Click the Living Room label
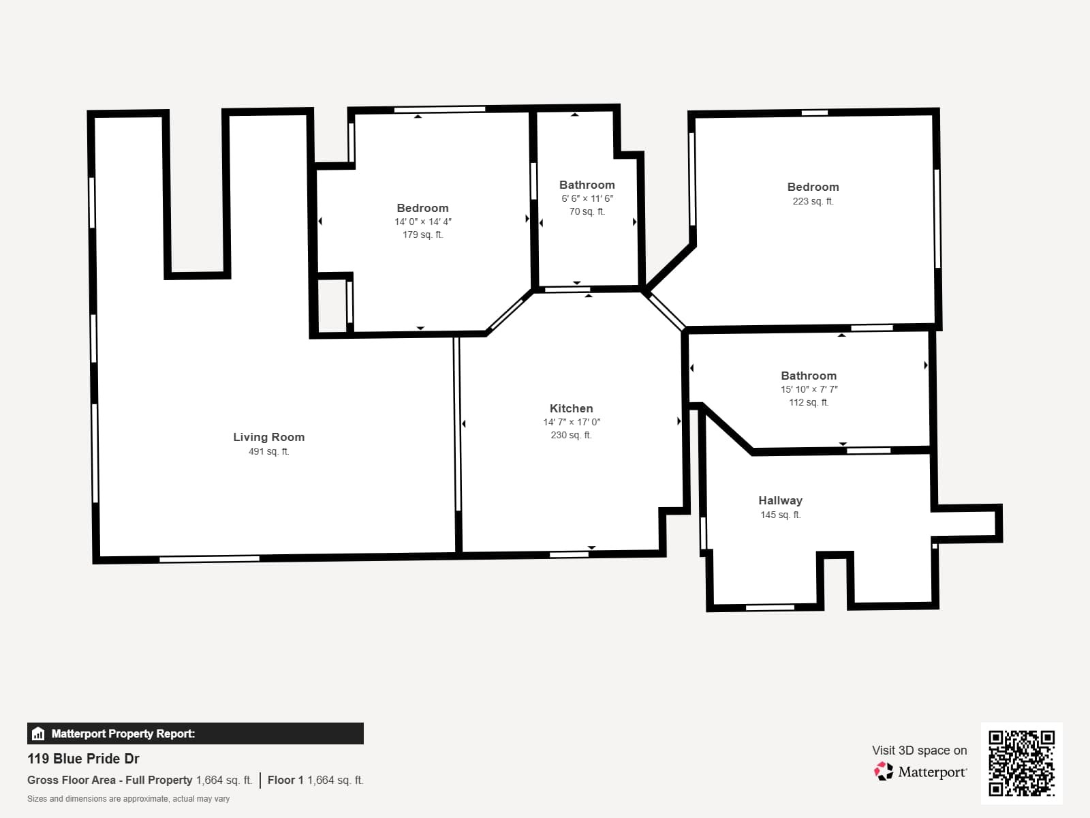pyautogui.click(x=268, y=437)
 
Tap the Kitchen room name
pyautogui.click(x=571, y=408)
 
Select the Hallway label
pyautogui.click(x=780, y=500)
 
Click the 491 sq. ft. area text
pyautogui.click(x=268, y=451)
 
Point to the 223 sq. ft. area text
pyautogui.click(x=813, y=201)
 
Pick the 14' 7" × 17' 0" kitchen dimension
pyautogui.click(x=572, y=422)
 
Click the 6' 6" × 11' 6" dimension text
pyautogui.click(x=587, y=198)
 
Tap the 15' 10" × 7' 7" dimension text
pyautogui.click(x=809, y=389)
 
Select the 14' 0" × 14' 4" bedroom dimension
pyautogui.click(x=422, y=222)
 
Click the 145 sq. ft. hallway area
pyautogui.click(x=780, y=515)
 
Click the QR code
pyautogui.click(x=1021, y=763)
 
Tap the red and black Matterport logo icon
pyautogui.click(x=884, y=772)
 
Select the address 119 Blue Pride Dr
pyautogui.click(x=83, y=759)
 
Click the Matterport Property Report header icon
pyautogui.click(x=38, y=733)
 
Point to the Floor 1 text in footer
pyautogui.click(x=285, y=781)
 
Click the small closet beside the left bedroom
pyautogui.click(x=332, y=305)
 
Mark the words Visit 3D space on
pyautogui.click(x=919, y=751)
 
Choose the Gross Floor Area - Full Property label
pyautogui.click(x=110, y=781)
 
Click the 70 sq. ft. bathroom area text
pyautogui.click(x=587, y=211)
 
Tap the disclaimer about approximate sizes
pyautogui.click(x=128, y=799)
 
